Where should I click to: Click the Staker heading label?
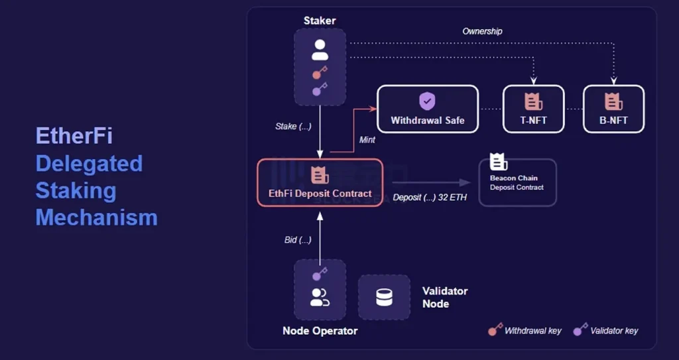pyautogui.click(x=320, y=21)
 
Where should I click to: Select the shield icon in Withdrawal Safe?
pyautogui.click(x=427, y=101)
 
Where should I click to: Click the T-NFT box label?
pyautogui.click(x=533, y=121)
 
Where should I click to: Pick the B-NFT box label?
pyautogui.click(x=613, y=121)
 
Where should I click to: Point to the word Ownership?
pyautogui.click(x=482, y=31)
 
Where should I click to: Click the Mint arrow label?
pyautogui.click(x=367, y=140)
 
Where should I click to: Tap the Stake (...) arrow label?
pyautogui.click(x=293, y=126)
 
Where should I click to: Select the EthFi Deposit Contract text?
pyautogui.click(x=320, y=193)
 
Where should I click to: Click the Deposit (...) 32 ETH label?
pyautogui.click(x=430, y=198)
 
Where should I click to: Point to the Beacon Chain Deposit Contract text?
pyautogui.click(x=516, y=183)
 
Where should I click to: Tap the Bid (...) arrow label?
pyautogui.click(x=298, y=239)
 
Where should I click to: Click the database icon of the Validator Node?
pyautogui.click(x=384, y=298)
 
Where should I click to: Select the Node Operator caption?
pyautogui.click(x=320, y=331)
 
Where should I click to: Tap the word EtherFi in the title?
pyautogui.click(x=74, y=136)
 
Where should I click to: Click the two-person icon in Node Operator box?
pyautogui.click(x=320, y=298)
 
